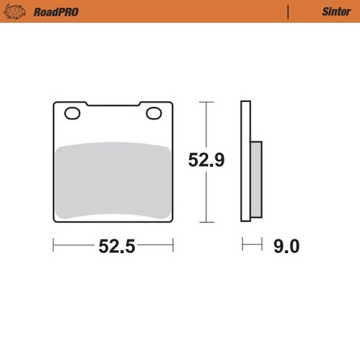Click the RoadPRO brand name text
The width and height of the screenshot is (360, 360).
[56, 11]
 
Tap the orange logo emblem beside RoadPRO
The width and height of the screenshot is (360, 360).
[20, 11]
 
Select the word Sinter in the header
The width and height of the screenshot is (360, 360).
[336, 11]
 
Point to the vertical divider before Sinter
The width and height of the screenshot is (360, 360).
[288, 11]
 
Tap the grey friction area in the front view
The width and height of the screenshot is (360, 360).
[112, 179]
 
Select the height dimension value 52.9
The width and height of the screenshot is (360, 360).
[205, 160]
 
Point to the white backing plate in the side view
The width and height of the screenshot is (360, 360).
[245, 162]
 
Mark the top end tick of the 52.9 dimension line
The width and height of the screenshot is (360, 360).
[205, 103]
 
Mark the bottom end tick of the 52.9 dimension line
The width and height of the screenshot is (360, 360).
[205, 222]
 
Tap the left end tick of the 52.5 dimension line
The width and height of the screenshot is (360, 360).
[54, 245]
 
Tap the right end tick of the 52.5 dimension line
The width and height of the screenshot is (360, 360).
[173, 245]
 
